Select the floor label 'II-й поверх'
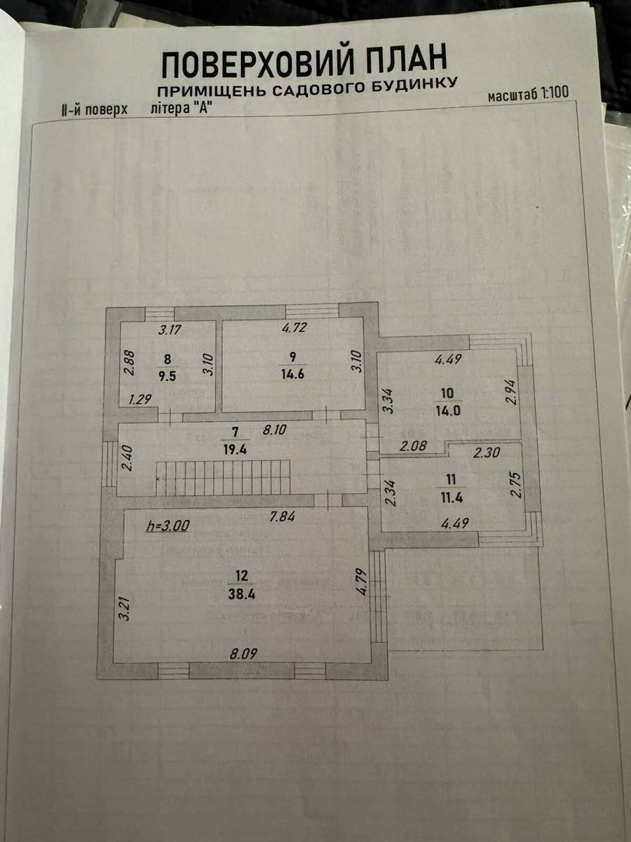94,110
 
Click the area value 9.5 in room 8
168,376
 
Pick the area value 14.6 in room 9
292,373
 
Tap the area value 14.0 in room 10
448,411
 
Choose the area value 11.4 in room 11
452,497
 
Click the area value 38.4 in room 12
242,594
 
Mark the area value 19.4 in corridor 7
236,449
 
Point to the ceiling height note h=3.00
168,526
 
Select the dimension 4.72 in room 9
294,327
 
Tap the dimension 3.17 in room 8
170,330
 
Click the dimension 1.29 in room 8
140,400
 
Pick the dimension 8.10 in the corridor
274,429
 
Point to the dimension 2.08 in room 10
413,446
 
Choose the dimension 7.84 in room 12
282,517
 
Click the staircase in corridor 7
223,478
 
